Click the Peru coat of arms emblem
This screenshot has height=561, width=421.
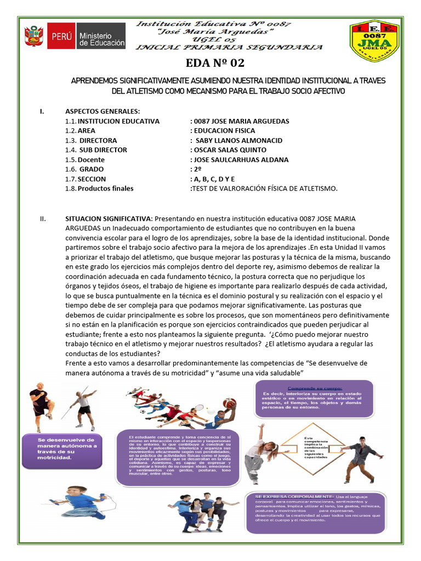pyautogui.click(x=34, y=37)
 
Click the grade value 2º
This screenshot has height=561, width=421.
pyautogui.click(x=197, y=169)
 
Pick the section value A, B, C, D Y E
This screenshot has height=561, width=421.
pyautogui.click(x=213, y=179)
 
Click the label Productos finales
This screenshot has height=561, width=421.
pyautogui.click(x=105, y=188)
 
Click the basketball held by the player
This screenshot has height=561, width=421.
pyautogui.click(x=230, y=403)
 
